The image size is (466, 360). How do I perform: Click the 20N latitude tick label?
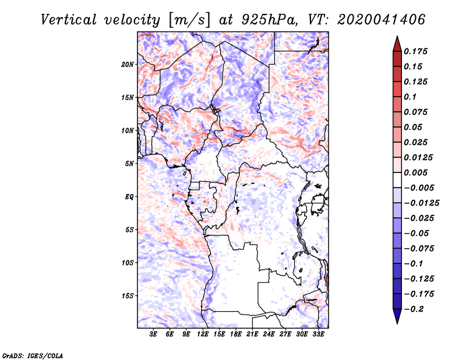click(x=128, y=64)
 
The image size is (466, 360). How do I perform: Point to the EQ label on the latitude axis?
click(x=129, y=196)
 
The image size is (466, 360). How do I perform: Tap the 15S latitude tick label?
click(x=128, y=295)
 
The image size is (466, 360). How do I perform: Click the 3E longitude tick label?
click(x=154, y=334)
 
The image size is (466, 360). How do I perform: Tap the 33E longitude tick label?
click(x=319, y=334)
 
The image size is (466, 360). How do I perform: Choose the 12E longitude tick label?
click(x=203, y=334)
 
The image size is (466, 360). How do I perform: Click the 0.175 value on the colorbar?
click(x=416, y=51)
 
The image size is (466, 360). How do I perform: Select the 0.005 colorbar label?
click(x=416, y=172)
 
